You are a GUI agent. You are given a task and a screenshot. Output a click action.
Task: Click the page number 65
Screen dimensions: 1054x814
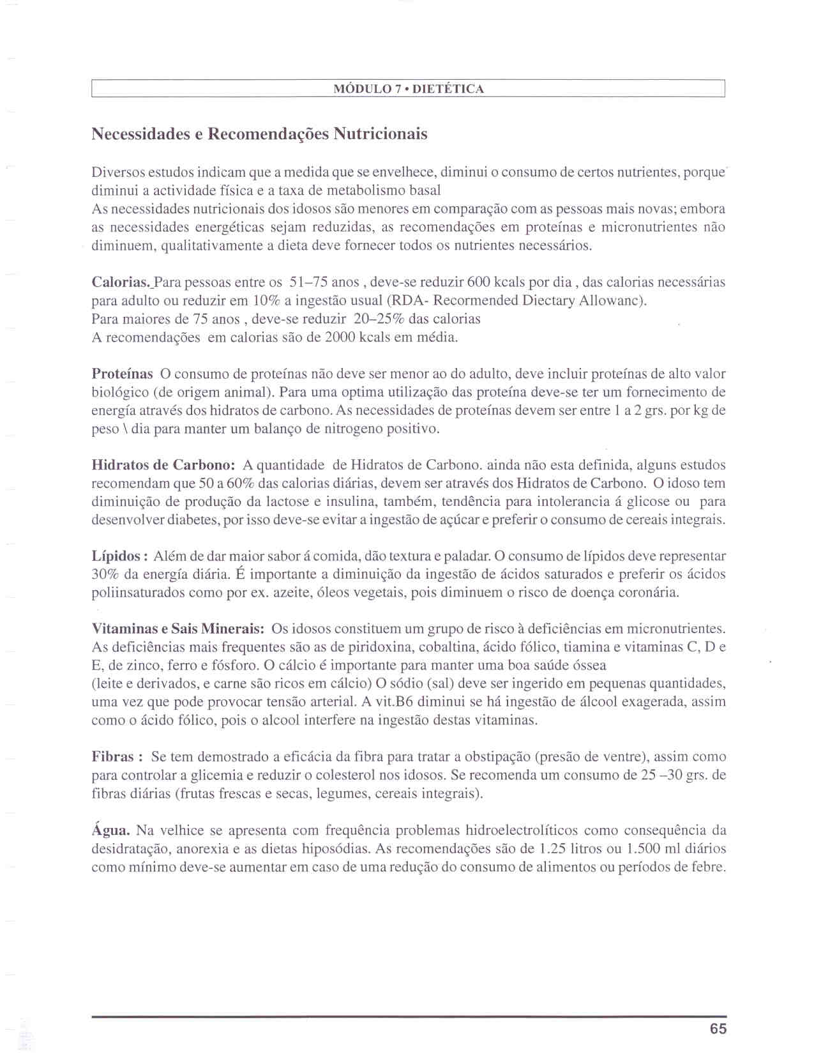(x=718, y=1028)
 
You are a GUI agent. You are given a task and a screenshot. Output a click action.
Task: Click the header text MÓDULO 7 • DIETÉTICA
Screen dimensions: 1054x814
(x=409, y=89)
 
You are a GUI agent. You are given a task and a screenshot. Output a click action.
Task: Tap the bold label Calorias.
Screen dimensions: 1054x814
(x=121, y=282)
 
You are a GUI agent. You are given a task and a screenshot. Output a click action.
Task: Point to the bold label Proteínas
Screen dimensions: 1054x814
(x=123, y=374)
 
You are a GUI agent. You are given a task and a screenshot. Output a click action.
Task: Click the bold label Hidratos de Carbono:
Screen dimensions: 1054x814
(x=164, y=465)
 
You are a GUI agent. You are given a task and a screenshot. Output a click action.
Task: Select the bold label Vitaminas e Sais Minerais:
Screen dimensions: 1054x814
(x=178, y=629)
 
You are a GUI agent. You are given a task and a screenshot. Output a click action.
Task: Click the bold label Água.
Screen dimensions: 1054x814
(x=111, y=830)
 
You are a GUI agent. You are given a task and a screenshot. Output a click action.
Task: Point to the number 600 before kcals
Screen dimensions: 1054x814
(x=478, y=282)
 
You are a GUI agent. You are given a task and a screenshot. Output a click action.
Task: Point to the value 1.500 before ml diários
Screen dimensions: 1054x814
(x=645, y=849)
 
